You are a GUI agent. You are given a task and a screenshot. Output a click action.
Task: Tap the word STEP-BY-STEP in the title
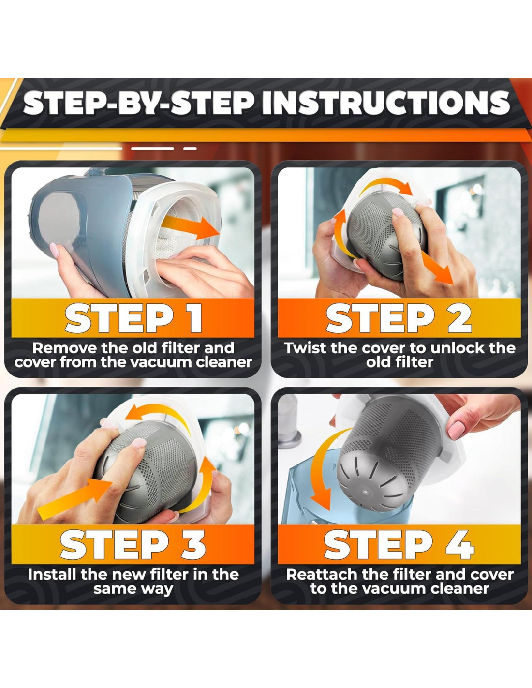coord(139,103)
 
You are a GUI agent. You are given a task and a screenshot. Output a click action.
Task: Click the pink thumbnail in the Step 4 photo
coord(457,431)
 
